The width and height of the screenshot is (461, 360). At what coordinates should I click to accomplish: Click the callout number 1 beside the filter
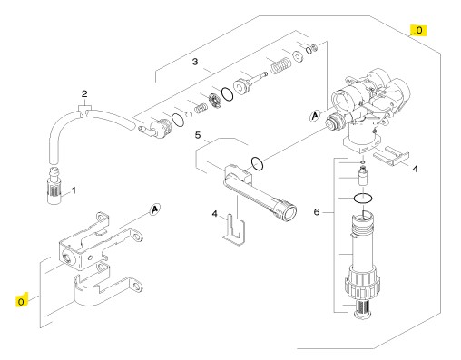pyautogui.click(x=74, y=190)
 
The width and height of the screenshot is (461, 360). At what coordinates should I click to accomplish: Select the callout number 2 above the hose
pyautogui.click(x=84, y=94)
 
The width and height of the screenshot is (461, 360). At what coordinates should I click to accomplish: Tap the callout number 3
pyautogui.click(x=195, y=62)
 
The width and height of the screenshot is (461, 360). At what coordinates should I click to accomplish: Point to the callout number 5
pyautogui.click(x=198, y=135)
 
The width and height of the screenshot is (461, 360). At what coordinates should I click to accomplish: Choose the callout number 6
pyautogui.click(x=317, y=212)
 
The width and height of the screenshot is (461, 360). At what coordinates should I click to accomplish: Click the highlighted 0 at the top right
pyautogui.click(x=418, y=30)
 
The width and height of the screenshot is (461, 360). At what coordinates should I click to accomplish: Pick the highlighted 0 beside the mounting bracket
pyautogui.click(x=21, y=301)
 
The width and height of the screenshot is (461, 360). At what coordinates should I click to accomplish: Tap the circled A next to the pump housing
pyautogui.click(x=315, y=116)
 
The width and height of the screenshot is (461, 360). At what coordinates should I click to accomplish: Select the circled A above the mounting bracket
pyautogui.click(x=154, y=209)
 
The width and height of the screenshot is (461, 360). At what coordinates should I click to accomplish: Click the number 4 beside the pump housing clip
pyautogui.click(x=415, y=169)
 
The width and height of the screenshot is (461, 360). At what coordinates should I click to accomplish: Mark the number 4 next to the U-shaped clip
pyautogui.click(x=214, y=214)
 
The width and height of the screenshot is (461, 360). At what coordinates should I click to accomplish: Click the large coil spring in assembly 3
pyautogui.click(x=280, y=65)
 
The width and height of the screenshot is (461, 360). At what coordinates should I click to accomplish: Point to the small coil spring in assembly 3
pyautogui.click(x=201, y=108)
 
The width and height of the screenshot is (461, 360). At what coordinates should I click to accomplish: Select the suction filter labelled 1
pyautogui.click(x=55, y=186)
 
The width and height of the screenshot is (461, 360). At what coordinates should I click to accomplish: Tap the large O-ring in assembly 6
pyautogui.click(x=363, y=199)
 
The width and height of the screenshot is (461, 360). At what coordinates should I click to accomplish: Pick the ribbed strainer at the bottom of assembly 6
pyautogui.click(x=363, y=308)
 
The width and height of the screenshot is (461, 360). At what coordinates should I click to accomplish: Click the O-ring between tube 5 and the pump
pyautogui.click(x=257, y=164)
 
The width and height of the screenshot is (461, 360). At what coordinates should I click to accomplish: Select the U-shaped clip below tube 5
pyautogui.click(x=234, y=229)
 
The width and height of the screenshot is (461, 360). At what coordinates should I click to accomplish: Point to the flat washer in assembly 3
pyautogui.click(x=298, y=56)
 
